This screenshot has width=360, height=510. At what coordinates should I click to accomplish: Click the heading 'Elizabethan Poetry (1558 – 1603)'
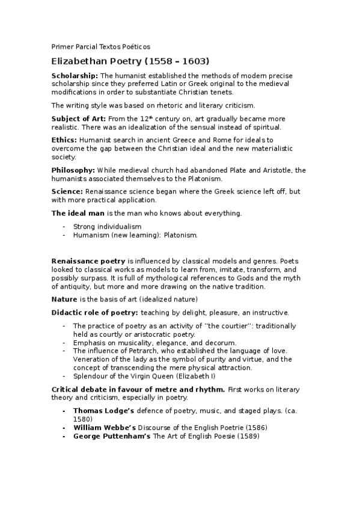tap(130, 61)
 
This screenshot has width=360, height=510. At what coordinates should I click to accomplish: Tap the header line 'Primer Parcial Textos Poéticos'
tap(100, 46)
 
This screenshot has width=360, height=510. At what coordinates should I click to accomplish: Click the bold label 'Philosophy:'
tap(73, 170)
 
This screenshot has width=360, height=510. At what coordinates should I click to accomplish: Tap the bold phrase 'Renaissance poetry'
tap(88, 262)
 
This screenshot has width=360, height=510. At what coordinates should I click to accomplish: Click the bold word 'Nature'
tap(64, 299)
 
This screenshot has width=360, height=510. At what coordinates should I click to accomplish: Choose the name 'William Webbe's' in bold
tap(106, 428)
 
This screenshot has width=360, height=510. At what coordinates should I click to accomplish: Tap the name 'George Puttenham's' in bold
tap(112, 436)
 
